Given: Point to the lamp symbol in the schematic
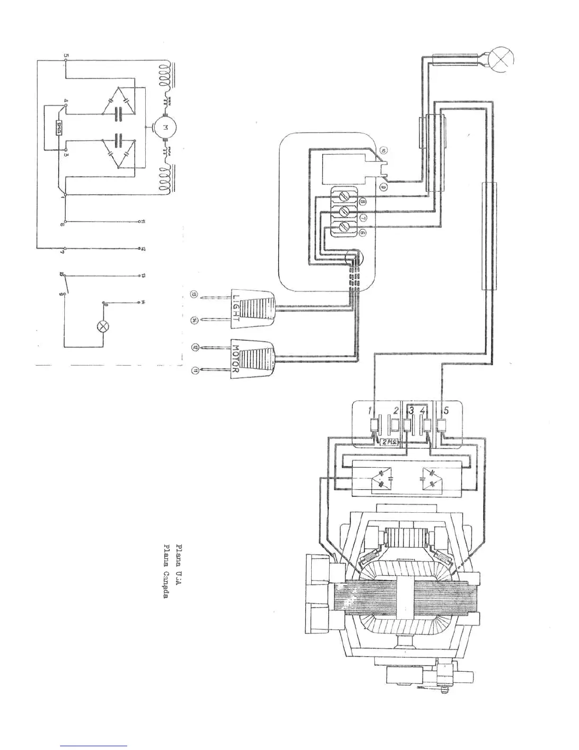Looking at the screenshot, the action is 102,326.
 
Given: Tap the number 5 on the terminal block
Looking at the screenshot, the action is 446,410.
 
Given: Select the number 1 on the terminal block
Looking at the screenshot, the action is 371,410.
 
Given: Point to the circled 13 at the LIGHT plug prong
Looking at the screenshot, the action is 194,295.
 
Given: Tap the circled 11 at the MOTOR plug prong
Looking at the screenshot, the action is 194,370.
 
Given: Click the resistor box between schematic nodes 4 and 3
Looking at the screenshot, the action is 60,128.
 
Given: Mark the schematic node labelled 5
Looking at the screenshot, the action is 65,58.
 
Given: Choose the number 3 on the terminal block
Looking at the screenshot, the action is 412,410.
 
